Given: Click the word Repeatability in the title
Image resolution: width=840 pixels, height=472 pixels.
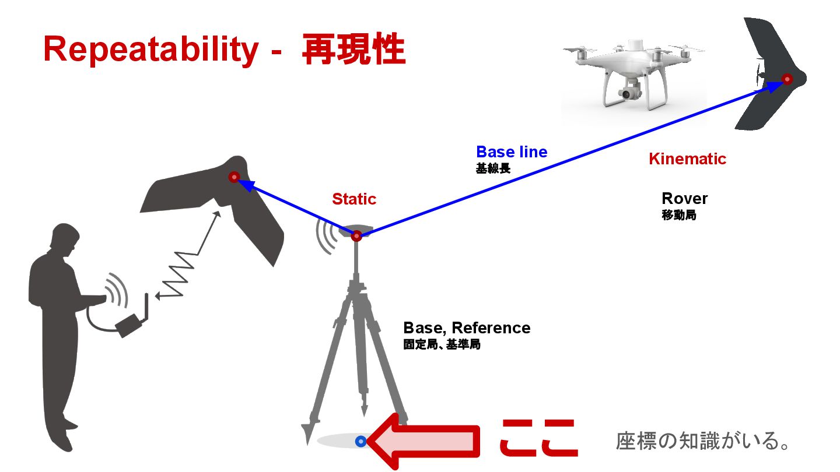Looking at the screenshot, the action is click(x=150, y=50).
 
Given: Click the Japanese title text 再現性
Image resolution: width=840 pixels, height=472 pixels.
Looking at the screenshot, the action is click(x=353, y=50).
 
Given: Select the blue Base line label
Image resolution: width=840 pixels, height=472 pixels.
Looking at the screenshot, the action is click(x=512, y=152).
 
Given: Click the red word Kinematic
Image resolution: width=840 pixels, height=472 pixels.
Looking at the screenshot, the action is click(x=687, y=158).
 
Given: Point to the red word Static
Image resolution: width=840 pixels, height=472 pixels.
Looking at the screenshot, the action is click(x=354, y=199).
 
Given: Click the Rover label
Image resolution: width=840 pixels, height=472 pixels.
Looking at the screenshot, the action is click(x=684, y=199).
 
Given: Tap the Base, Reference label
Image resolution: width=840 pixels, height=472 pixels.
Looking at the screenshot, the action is click(x=467, y=328).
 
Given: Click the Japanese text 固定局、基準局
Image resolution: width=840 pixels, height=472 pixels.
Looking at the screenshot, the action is click(x=442, y=344).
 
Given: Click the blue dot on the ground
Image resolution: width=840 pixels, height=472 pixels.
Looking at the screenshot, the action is click(x=360, y=442).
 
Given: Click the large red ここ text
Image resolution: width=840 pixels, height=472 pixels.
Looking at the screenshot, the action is click(x=538, y=439).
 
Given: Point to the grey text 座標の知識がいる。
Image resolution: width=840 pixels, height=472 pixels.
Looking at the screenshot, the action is click(x=703, y=441).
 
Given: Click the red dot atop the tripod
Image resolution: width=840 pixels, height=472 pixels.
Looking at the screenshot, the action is click(x=356, y=236).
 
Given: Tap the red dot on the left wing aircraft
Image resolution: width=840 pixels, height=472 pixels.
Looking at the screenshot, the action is click(x=234, y=177).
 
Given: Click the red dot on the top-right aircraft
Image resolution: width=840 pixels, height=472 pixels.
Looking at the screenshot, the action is click(x=787, y=79).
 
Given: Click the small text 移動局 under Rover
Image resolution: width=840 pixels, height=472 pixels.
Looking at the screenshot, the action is click(x=679, y=215).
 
